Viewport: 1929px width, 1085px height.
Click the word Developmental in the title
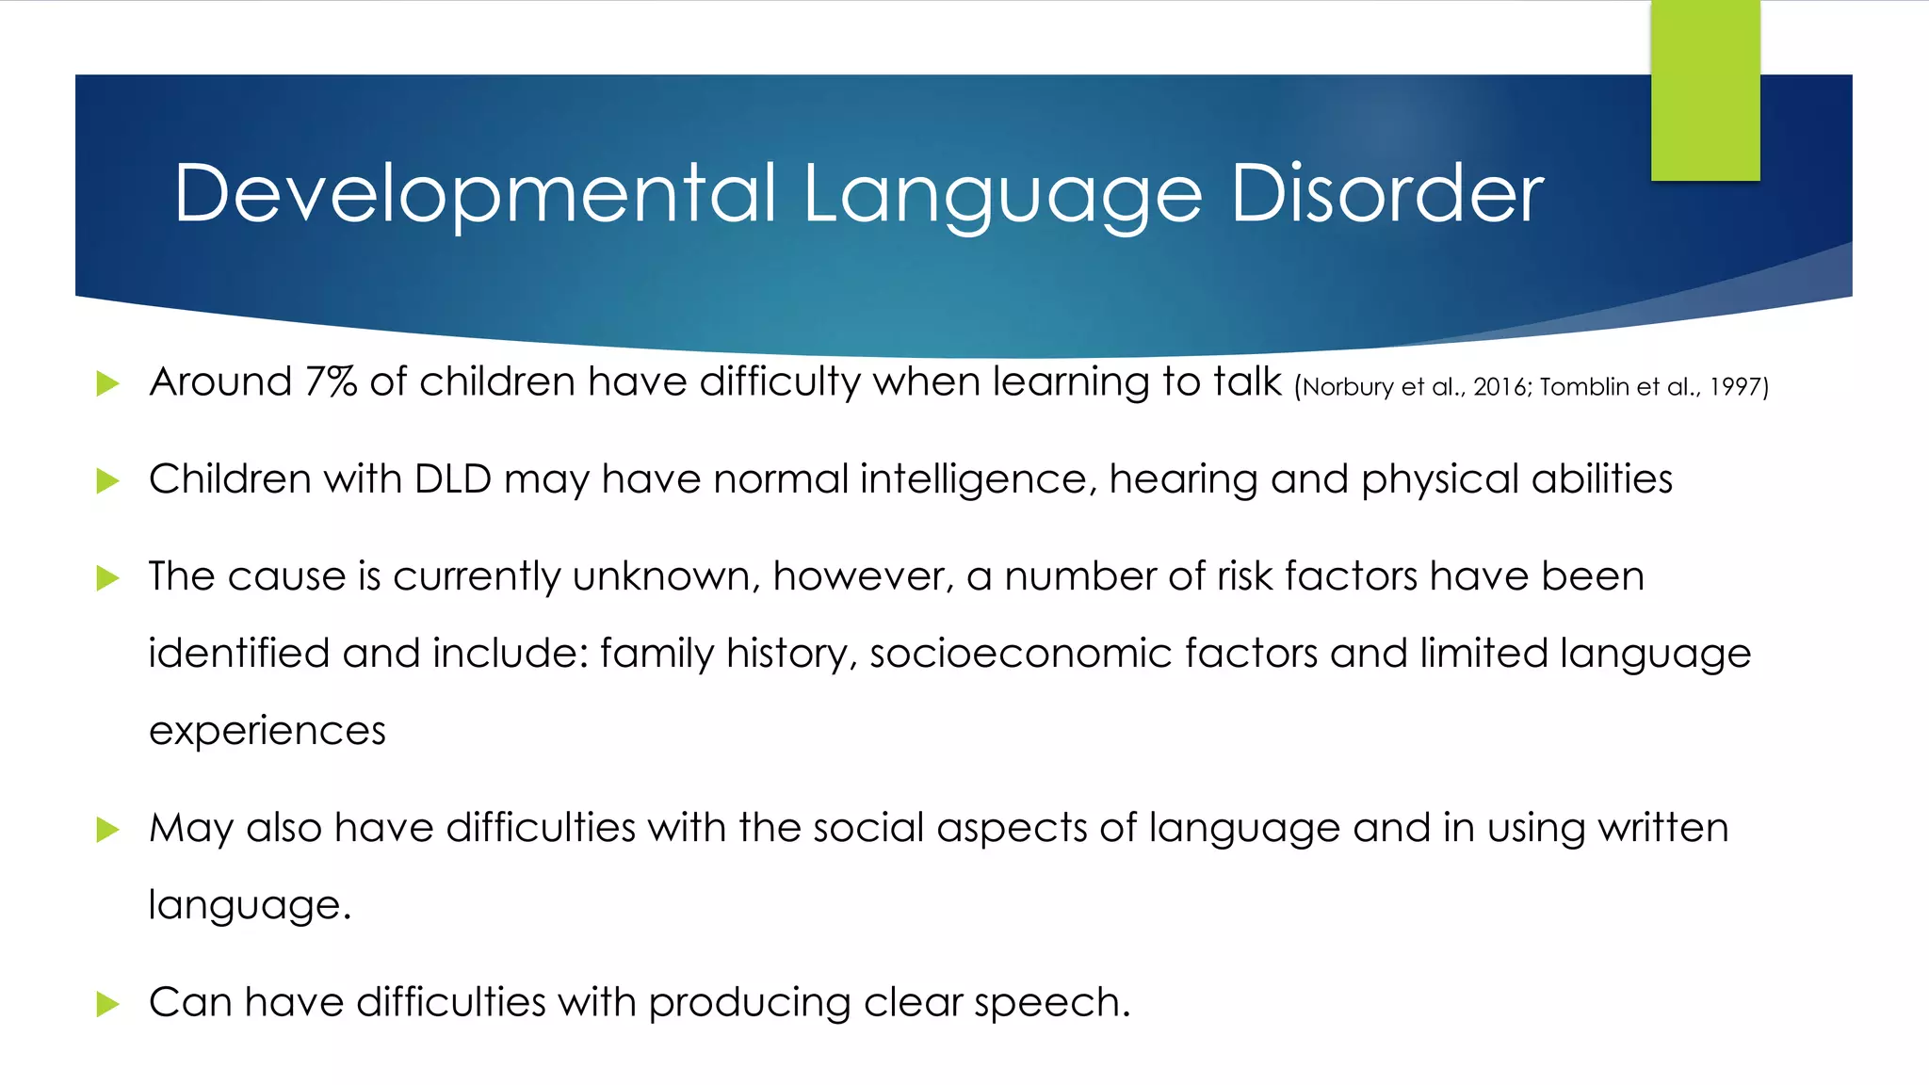click(476, 194)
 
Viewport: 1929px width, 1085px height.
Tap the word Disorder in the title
click(1386, 194)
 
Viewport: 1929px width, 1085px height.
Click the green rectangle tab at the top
click(1705, 90)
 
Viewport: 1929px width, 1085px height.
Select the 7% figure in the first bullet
click(331, 382)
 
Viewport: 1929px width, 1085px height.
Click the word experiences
click(267, 731)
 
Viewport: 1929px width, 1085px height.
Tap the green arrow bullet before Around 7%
click(107, 383)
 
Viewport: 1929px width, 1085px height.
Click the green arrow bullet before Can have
click(107, 1004)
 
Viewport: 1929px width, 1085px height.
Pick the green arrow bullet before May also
click(107, 830)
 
